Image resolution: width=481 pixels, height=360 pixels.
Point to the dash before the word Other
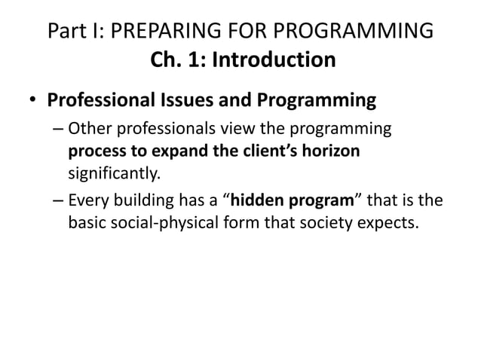58,129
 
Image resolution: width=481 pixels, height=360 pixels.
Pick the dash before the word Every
58,201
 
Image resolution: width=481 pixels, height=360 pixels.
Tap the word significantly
114,174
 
